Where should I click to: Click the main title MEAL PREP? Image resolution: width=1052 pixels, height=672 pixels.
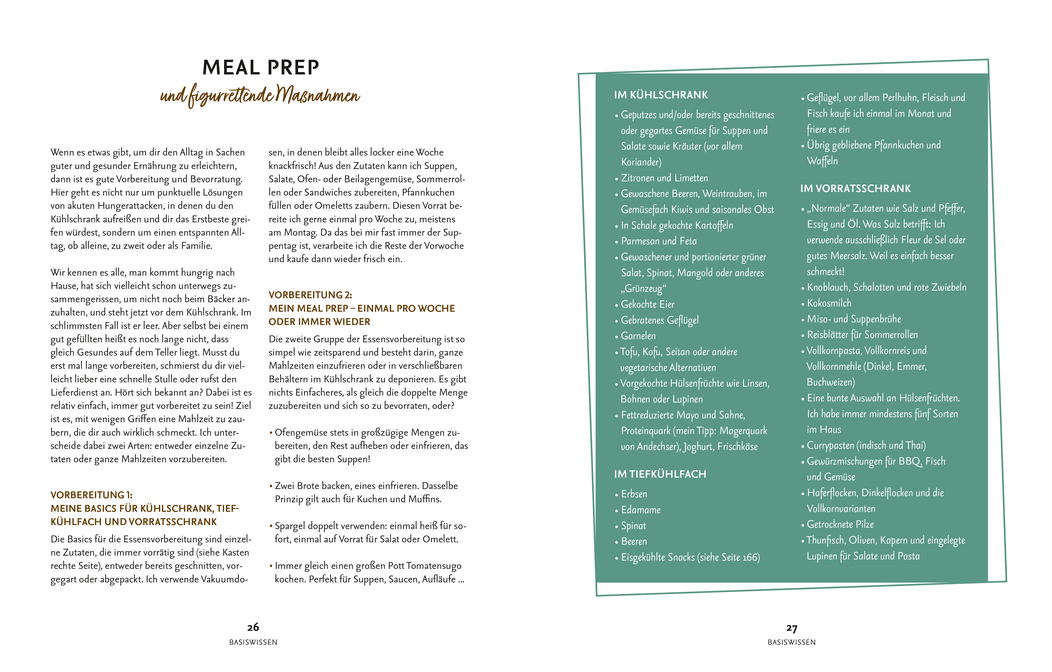261,68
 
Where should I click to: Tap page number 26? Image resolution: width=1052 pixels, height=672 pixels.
253,627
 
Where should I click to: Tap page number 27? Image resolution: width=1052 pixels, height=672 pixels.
792,628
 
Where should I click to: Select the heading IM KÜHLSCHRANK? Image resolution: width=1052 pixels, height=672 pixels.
661,95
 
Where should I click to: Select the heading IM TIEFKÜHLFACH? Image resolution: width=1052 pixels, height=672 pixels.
660,474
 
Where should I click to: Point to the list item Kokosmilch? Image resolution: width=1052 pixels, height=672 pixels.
829,303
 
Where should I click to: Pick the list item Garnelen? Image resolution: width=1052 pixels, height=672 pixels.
638,336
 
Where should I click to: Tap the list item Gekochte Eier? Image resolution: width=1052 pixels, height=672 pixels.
647,304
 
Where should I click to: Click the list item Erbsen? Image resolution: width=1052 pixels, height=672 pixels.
634,494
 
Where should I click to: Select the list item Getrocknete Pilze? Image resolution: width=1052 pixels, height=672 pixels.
840,524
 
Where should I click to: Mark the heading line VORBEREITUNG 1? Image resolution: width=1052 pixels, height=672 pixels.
91,495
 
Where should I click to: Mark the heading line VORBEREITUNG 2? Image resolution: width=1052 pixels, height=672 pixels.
310,295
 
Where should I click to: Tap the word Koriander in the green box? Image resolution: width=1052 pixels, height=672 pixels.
641,162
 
